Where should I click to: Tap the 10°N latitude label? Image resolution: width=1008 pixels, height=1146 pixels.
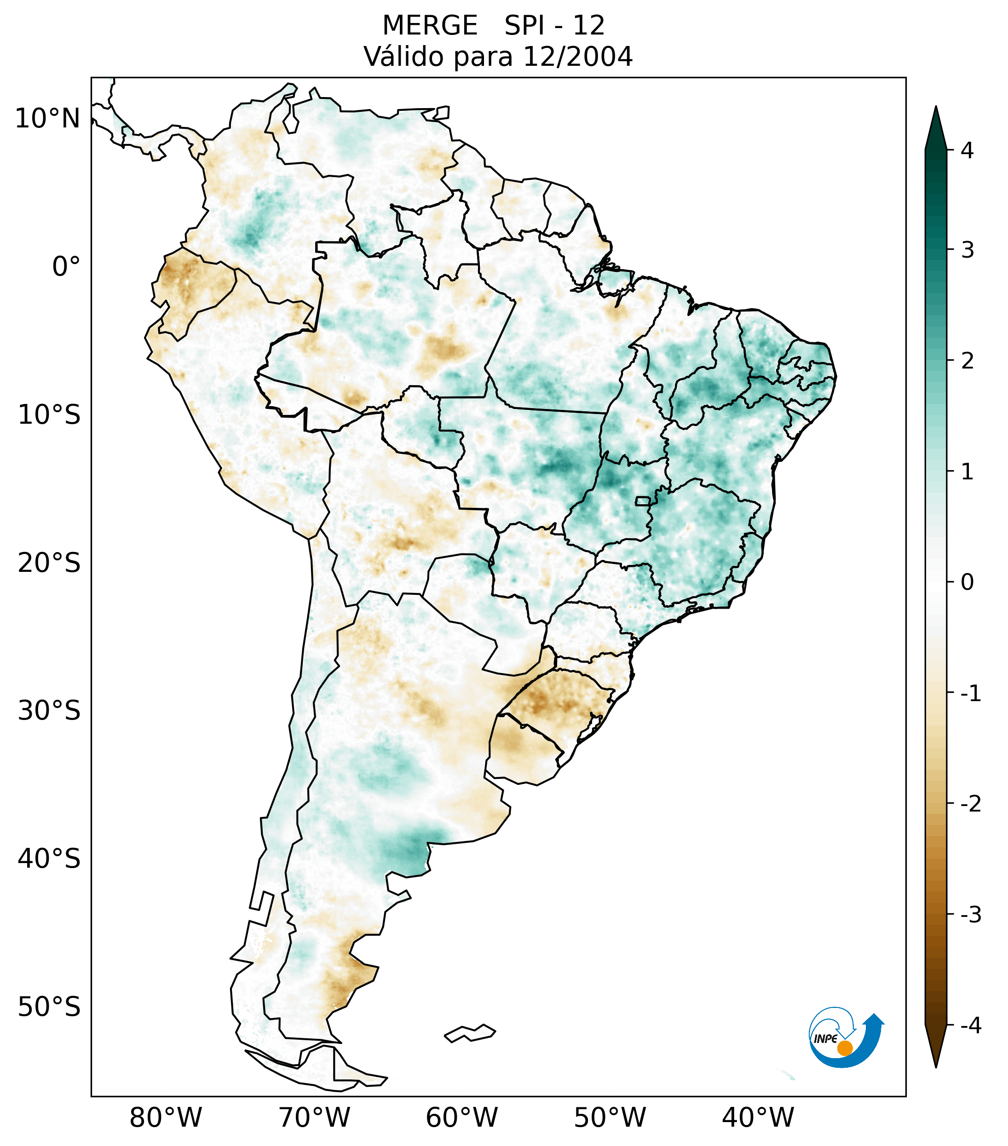[x=48, y=119]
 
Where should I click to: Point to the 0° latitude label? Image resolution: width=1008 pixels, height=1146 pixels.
[x=66, y=267]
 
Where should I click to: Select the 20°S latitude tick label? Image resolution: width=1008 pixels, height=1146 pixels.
[x=49, y=563]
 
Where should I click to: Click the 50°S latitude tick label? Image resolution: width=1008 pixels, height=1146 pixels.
[x=49, y=1008]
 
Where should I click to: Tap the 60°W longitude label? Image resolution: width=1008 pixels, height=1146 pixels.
[x=461, y=1118]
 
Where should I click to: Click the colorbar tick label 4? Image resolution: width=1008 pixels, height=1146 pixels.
[x=967, y=150]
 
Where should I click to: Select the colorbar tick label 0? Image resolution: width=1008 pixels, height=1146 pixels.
[x=967, y=582]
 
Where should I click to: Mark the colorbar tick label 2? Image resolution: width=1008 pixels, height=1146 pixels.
[x=967, y=361]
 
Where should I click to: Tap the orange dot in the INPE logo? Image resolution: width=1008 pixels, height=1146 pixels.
[x=844, y=1048]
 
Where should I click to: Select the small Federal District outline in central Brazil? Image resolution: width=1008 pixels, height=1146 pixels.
[x=643, y=500]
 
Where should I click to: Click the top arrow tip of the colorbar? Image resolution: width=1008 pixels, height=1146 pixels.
[x=936, y=108]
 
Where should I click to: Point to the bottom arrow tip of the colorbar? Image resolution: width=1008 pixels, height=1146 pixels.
[x=936, y=1066]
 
